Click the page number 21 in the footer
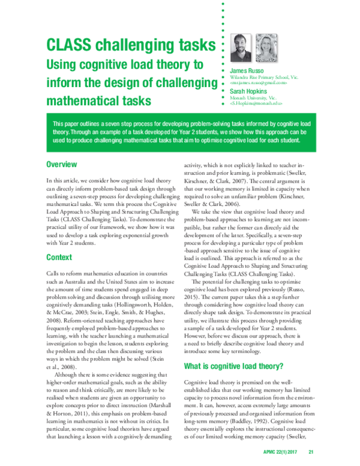311,452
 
